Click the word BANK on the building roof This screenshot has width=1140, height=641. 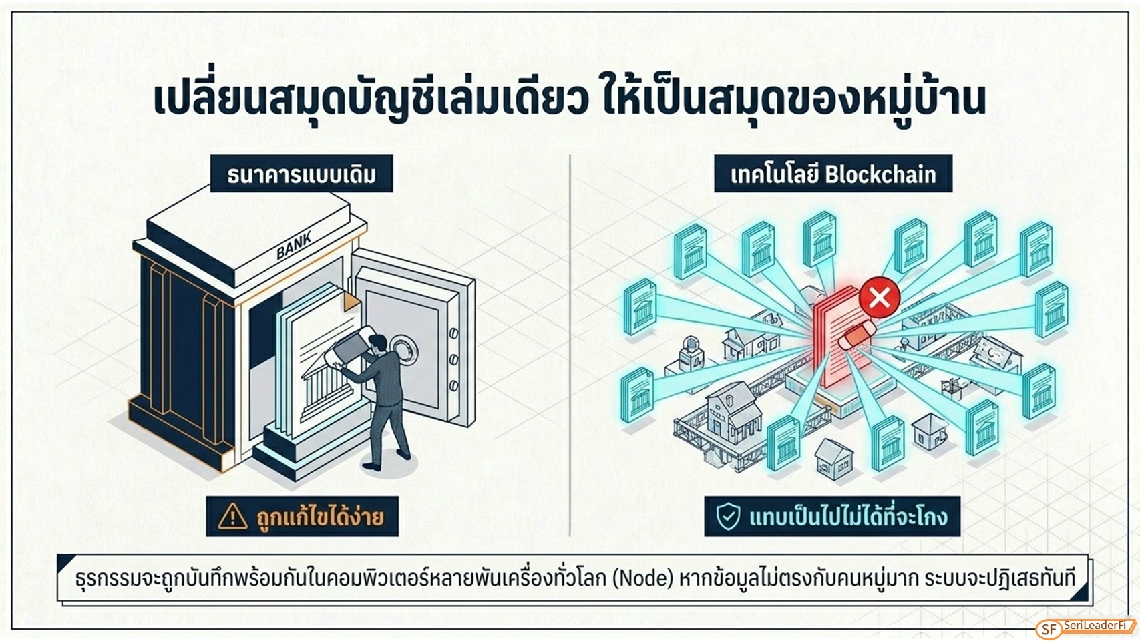[x=294, y=244]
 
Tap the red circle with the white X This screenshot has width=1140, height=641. [x=880, y=298]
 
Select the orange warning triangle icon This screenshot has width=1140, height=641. [x=232, y=516]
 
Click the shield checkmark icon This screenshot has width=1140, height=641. [x=728, y=516]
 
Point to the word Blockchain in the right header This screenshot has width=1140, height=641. [x=880, y=174]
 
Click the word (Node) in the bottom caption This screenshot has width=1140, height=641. [x=642, y=578]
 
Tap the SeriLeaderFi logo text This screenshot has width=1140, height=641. [x=1095, y=625]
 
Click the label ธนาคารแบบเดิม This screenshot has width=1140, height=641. [x=301, y=174]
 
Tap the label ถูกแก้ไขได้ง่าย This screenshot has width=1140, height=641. [x=320, y=516]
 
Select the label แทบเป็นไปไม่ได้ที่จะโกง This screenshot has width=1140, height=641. [x=848, y=516]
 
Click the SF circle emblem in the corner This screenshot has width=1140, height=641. [x=1049, y=629]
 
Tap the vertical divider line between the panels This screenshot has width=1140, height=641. [x=570, y=345]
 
